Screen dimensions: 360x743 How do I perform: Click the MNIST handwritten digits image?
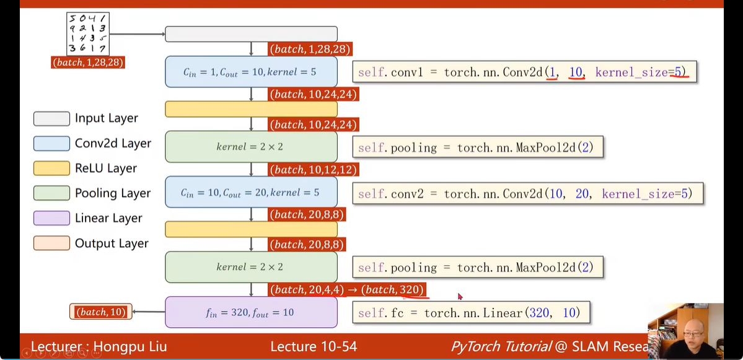87,34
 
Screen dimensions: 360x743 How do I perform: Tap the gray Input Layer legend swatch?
51,118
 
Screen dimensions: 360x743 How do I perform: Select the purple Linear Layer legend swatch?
51,218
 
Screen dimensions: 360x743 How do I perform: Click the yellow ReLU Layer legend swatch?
51,168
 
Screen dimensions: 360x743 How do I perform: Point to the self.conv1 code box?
525,72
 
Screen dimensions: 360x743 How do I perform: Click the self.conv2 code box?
528,194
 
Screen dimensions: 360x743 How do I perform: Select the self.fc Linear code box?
471,313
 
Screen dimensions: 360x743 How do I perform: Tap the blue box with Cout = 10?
251,72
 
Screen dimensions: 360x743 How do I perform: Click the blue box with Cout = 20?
251,192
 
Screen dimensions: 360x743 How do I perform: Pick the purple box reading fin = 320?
251,312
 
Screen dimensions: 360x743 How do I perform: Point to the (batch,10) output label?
101,312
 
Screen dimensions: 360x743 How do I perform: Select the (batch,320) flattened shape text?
393,290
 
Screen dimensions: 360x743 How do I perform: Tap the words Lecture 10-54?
314,346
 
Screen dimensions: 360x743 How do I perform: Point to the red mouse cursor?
460,297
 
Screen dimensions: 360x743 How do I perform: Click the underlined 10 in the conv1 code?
576,72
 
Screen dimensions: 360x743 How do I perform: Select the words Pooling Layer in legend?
113,193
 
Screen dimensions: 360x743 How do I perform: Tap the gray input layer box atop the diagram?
251,34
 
